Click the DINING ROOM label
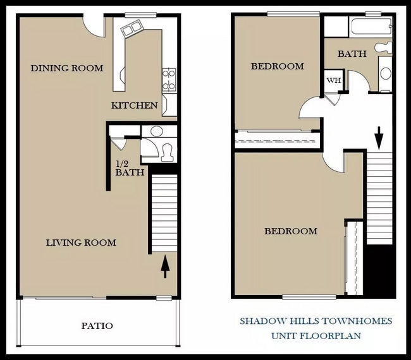tap(66, 68)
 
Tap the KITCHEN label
tap(134, 105)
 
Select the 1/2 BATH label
tap(130, 168)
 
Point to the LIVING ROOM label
tap(81, 243)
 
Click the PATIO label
tap(97, 326)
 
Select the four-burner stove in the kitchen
tap(169, 81)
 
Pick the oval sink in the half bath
tap(156, 131)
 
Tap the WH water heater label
tap(333, 81)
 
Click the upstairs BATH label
tap(352, 54)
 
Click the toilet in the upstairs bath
tap(383, 47)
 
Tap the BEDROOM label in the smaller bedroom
tap(277, 66)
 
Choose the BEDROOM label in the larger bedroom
tap(290, 231)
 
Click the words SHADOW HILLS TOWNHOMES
tap(316, 321)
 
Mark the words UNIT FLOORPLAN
tap(316, 336)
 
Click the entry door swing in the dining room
tap(95, 25)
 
